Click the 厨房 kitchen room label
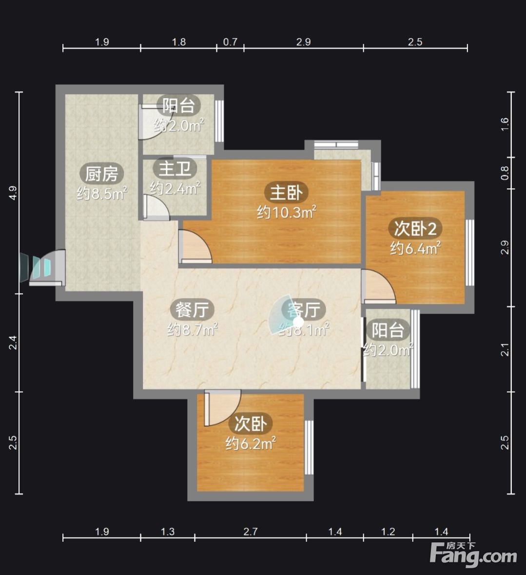click(101, 174)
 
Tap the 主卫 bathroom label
click(175, 169)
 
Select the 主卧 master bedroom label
click(286, 193)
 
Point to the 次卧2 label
click(415, 229)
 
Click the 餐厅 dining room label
click(192, 310)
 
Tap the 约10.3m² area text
click(286, 212)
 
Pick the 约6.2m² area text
click(251, 443)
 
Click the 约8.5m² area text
click(102, 193)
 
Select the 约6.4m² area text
click(415, 248)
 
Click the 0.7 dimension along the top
click(230, 42)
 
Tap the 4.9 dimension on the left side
click(13, 193)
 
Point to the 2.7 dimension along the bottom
click(251, 532)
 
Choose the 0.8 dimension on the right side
click(505, 173)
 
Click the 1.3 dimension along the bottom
click(168, 532)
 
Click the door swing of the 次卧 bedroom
click(222, 407)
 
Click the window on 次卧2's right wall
click(469, 253)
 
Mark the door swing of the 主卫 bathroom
click(156, 207)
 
